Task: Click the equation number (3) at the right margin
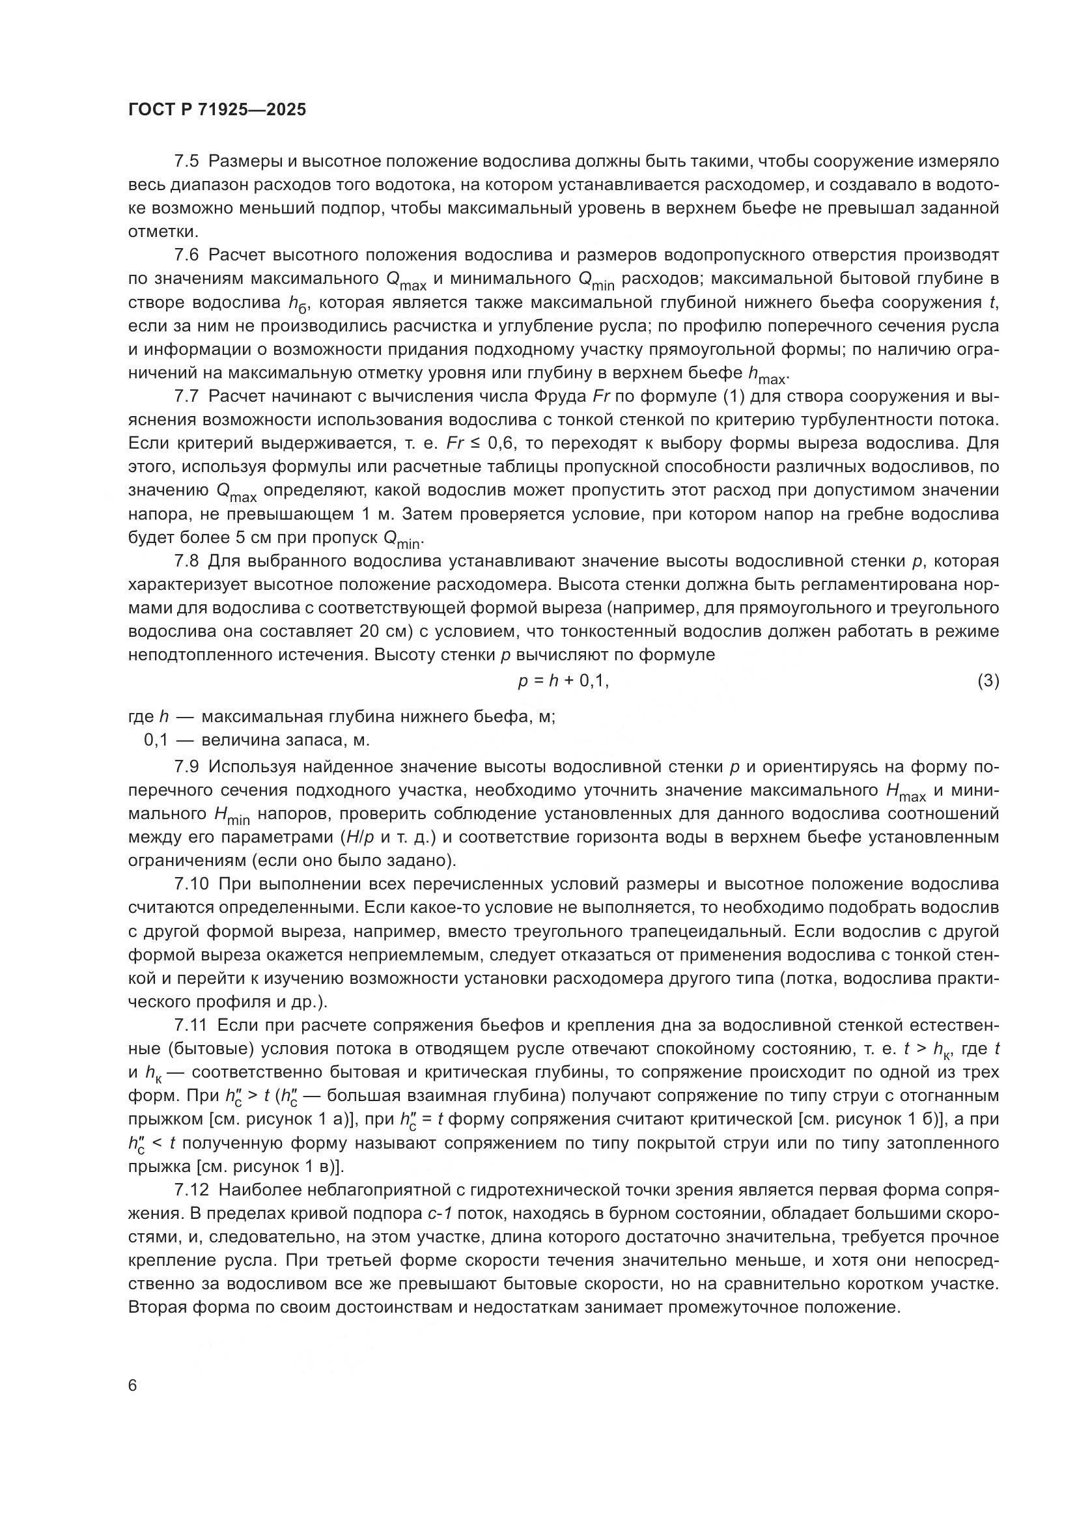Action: click(988, 680)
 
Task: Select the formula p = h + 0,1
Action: click(563, 680)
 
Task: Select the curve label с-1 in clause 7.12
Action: click(438, 1214)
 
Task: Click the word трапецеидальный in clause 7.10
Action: click(704, 931)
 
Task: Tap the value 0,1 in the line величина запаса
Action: click(156, 740)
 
